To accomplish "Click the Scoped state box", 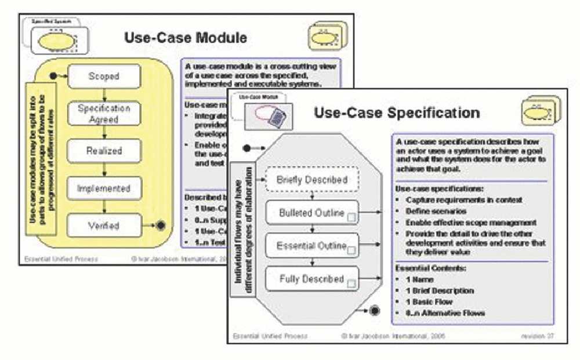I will [104, 75].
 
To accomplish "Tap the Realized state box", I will [104, 150].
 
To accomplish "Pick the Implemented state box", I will [104, 188].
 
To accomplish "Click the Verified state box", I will [104, 226].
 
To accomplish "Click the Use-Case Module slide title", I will [185, 38].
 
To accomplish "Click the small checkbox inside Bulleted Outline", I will [351, 217].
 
